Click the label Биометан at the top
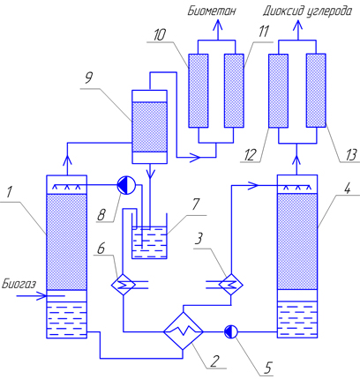(x=212, y=11)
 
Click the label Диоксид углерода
(x=307, y=11)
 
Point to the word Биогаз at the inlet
(x=19, y=284)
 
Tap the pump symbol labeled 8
(x=126, y=185)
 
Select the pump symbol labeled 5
(x=231, y=331)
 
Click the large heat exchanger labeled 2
(x=184, y=331)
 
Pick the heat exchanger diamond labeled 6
(x=123, y=285)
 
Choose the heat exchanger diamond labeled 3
(x=230, y=285)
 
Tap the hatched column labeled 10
(x=199, y=91)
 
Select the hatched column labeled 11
(x=234, y=91)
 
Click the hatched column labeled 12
(x=278, y=91)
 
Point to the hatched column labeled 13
(x=316, y=91)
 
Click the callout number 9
(x=89, y=78)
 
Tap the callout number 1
(x=10, y=192)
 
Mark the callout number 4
(x=348, y=188)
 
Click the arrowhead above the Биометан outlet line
(x=218, y=25)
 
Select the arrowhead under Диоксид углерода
(x=297, y=25)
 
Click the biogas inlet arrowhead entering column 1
(x=41, y=296)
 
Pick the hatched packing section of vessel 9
(x=149, y=127)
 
